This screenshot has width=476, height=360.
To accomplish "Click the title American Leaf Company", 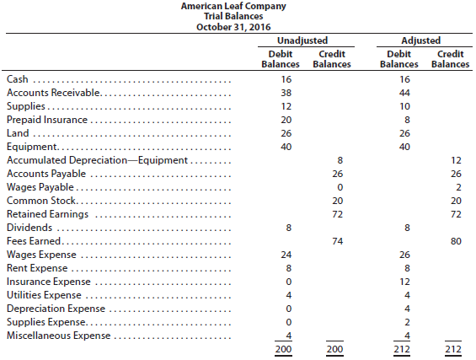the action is pyautogui.click(x=233, y=6).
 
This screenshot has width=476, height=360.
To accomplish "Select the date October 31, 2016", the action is pyautogui.click(x=233, y=27).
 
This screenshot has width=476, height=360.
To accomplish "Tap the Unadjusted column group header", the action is pyautogui.click(x=302, y=40).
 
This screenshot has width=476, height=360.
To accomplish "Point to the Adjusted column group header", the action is pyautogui.click(x=420, y=40).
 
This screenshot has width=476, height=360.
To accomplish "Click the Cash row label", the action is pyautogui.click(x=18, y=79).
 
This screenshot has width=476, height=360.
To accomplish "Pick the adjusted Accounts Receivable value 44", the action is pyautogui.click(x=404, y=93).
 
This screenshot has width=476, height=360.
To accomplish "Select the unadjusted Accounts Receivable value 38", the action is pyautogui.click(x=286, y=93).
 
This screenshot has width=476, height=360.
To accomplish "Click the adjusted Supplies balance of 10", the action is pyautogui.click(x=404, y=106).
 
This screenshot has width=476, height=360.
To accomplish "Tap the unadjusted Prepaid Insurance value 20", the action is pyautogui.click(x=286, y=120).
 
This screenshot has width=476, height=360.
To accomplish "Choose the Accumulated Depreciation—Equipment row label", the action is pyautogui.click(x=97, y=160).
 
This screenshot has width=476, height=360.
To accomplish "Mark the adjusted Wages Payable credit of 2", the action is pyautogui.click(x=458, y=187).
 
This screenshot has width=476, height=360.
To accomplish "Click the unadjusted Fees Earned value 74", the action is pyautogui.click(x=338, y=241).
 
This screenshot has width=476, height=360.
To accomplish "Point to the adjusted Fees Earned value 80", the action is pyautogui.click(x=456, y=241).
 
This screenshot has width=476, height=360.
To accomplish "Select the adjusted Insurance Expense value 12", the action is pyautogui.click(x=404, y=282).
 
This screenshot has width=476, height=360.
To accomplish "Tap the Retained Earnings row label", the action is pyautogui.click(x=48, y=214).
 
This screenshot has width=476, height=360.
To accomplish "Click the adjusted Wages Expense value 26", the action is pyautogui.click(x=404, y=255).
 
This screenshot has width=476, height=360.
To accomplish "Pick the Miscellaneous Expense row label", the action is pyautogui.click(x=59, y=336).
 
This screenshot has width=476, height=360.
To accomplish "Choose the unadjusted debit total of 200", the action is pyautogui.click(x=284, y=349).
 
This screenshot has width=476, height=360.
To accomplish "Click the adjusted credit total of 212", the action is pyautogui.click(x=453, y=349).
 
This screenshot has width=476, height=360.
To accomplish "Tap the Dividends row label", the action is pyautogui.click(x=29, y=228).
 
